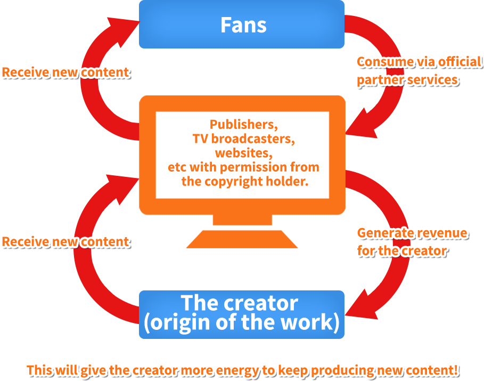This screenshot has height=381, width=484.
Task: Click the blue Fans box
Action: pos(241,25)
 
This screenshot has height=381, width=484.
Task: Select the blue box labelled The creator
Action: pos(241,314)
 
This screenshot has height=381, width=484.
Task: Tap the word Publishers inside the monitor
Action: pos(243,125)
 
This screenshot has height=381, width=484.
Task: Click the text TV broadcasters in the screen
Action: pos(243,139)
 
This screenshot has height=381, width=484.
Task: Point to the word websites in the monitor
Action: pos(243,153)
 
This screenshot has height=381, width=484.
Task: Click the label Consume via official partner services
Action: pos(419,71)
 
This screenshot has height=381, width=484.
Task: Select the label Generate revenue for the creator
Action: pos(412,242)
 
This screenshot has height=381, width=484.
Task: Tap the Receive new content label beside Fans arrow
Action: pos(66,72)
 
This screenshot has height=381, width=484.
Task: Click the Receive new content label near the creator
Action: pos(66,242)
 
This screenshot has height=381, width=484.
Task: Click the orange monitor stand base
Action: pos(242,239)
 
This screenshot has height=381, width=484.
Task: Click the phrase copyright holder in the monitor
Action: pos(262,181)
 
